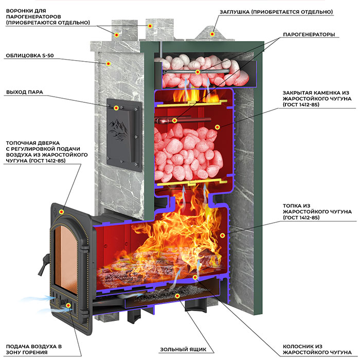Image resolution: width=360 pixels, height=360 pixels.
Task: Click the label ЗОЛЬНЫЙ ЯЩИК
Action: pos(183,349)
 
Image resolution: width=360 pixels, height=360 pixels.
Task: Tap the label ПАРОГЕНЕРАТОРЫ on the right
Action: pos(309,34)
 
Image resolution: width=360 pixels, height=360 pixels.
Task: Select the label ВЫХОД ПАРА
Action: pos(25,92)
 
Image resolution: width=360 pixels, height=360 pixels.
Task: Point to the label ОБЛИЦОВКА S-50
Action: pos(30,56)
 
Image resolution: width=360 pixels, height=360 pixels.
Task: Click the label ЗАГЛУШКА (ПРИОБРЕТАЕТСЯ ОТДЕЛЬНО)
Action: pos(276,12)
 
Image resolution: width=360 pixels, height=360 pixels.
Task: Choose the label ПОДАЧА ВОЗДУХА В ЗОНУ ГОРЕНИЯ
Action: pos(34,349)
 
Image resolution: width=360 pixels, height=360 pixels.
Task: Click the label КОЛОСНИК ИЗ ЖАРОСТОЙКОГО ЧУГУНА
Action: pos(317,349)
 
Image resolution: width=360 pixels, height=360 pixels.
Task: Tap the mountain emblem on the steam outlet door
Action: pos(118,129)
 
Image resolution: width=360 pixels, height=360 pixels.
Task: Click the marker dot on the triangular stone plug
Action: pos(212,34)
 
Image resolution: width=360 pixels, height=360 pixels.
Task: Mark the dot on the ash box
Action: pos(177,296)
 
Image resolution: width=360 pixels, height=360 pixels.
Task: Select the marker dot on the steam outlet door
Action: pos(116,108)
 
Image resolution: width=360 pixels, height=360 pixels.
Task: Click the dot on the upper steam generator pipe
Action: pos(197,72)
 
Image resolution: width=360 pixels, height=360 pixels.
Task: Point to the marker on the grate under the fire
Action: pos(195,277)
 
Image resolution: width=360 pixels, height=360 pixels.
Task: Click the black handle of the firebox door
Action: pos(44,264)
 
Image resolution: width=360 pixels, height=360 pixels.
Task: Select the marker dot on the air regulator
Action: pos(68,305)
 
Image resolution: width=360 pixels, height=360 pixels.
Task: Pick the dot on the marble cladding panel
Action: pos(108,64)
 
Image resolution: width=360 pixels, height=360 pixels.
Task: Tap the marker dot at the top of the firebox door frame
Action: pos(61,212)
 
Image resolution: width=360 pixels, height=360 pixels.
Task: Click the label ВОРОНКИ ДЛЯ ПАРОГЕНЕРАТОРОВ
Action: pos(48,16)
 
